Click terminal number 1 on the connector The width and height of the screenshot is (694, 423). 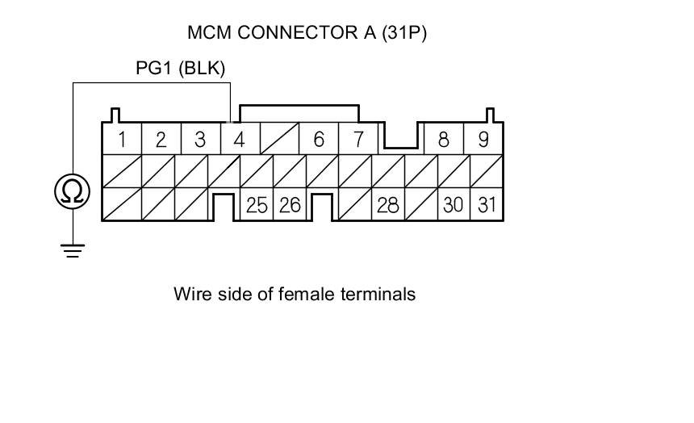click(x=122, y=140)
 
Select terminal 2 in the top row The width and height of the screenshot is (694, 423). click(x=161, y=140)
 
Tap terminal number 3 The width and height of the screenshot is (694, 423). click(x=200, y=140)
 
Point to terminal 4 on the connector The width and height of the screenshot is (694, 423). click(x=239, y=140)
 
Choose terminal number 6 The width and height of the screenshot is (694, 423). click(x=319, y=140)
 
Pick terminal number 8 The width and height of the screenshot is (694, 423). click(x=443, y=140)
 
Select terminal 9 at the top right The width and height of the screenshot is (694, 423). click(x=483, y=140)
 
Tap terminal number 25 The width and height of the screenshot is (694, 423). click(x=257, y=205)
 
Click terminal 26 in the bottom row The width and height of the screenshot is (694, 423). click(x=290, y=205)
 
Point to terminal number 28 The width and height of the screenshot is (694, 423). click(x=388, y=205)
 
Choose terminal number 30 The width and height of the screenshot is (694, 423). click(x=454, y=205)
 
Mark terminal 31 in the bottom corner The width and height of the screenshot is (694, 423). click(x=487, y=205)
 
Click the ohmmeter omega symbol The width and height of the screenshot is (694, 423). click(x=73, y=191)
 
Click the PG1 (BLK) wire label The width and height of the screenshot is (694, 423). click(x=180, y=69)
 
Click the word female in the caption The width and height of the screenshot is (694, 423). click(x=301, y=294)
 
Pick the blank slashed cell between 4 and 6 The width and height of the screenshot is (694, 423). click(x=279, y=140)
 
